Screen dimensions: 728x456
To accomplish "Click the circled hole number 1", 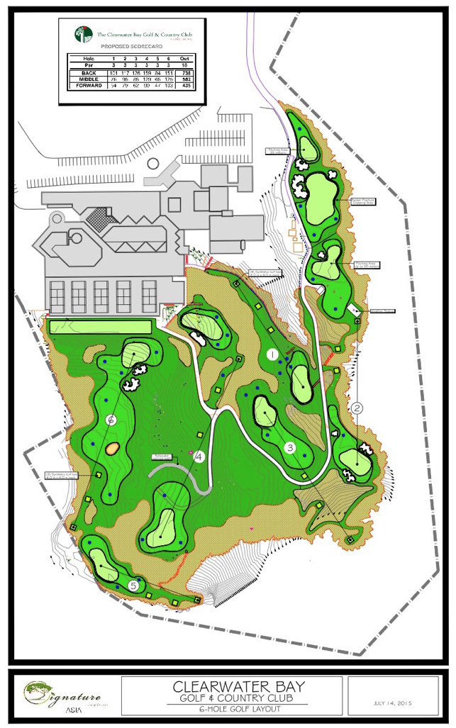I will point(272,353).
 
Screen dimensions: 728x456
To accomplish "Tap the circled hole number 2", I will point(357,408).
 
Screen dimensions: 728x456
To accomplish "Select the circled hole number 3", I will point(290,447).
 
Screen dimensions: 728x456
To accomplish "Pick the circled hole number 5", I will point(134,586).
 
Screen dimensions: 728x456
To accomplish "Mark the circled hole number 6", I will point(111,420).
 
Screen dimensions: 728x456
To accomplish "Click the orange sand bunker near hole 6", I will point(111,447).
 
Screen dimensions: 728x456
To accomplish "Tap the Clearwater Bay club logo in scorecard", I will point(83,33).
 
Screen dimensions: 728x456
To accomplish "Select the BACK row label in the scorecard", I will point(89,72).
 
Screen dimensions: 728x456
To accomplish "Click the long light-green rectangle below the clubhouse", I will point(100,326).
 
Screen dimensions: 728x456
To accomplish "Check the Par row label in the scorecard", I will point(89,65).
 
